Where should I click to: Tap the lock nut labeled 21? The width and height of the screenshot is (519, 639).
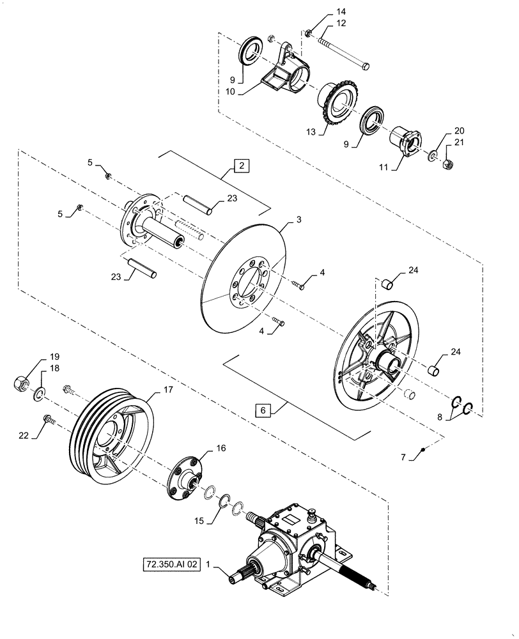(447, 166)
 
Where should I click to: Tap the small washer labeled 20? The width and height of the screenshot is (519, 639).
(432, 155)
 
